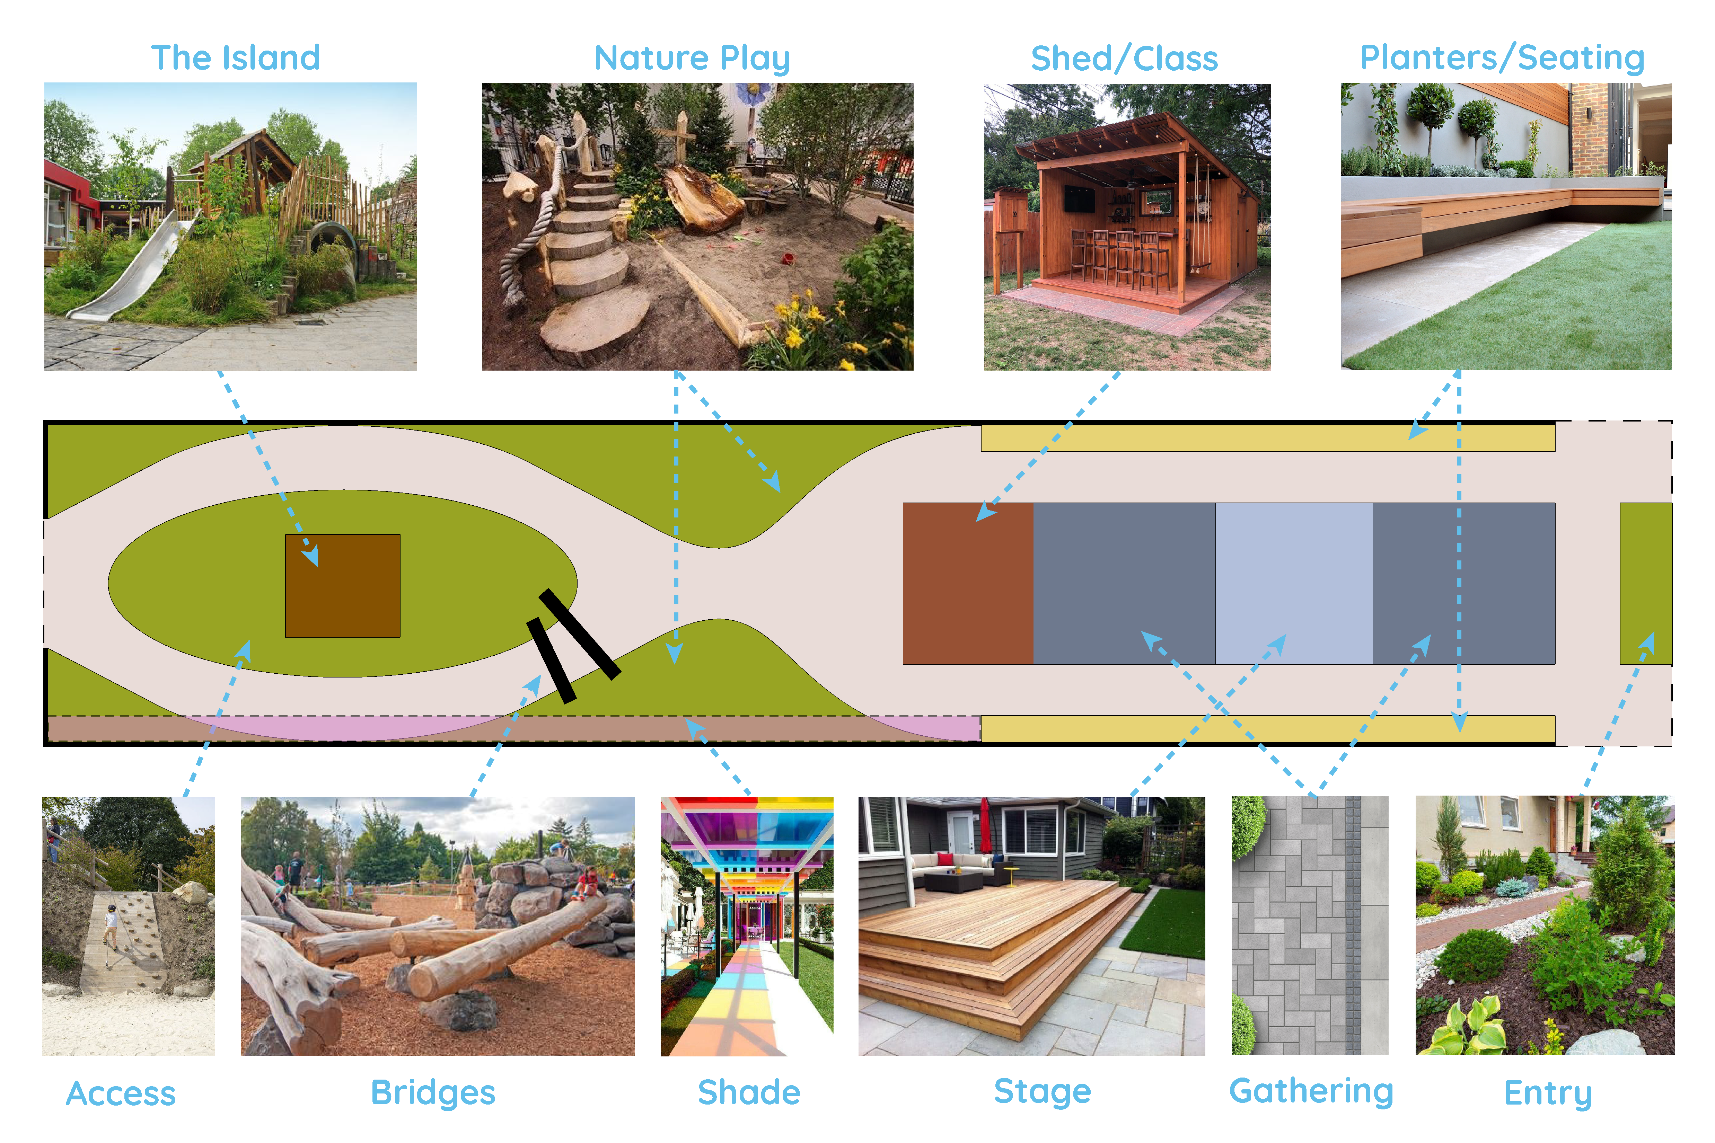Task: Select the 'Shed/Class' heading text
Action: click(1124, 58)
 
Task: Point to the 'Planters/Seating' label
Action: click(1502, 58)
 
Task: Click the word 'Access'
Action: click(121, 1093)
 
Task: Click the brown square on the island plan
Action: click(343, 586)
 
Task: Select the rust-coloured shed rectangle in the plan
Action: click(968, 583)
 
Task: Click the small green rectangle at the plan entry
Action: click(1646, 583)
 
